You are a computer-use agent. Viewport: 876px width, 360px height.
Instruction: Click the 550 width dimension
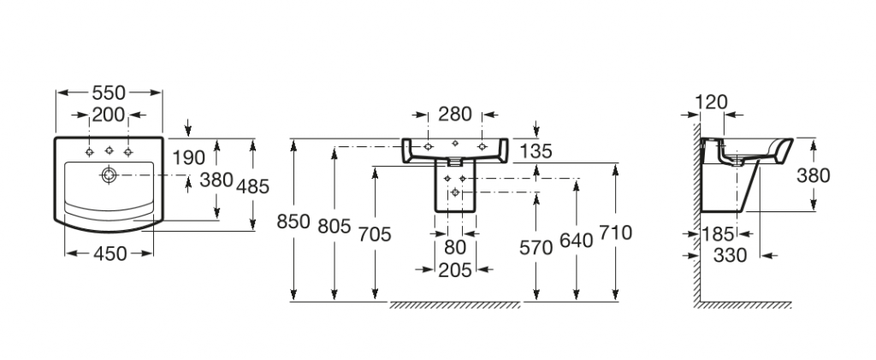coord(109,92)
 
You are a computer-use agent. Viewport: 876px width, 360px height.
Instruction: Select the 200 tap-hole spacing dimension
coord(109,115)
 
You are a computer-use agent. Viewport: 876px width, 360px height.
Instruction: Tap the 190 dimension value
coord(188,157)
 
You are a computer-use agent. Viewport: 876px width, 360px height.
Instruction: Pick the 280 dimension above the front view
coord(454,114)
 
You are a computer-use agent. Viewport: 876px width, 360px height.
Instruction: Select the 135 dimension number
coord(536,151)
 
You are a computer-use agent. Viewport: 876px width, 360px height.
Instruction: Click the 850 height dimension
coord(293,221)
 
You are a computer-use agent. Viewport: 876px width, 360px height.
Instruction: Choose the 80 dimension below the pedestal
coord(455,248)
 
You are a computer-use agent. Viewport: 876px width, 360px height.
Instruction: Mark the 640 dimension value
coord(577,240)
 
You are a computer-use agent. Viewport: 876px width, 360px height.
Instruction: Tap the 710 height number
coord(616,233)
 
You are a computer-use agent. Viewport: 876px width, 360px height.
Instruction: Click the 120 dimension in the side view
coord(712,102)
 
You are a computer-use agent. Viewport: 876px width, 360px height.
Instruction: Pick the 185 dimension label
coord(718,233)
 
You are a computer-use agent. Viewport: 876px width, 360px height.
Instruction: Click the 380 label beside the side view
coord(813,176)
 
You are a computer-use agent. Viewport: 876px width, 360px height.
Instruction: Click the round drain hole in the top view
coord(109,175)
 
